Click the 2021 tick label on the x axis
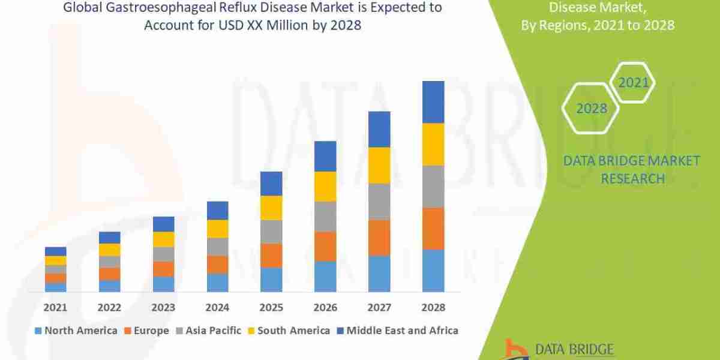click(55, 307)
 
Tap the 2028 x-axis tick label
click(433, 307)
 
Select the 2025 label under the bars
click(271, 307)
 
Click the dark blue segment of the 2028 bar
click(433, 102)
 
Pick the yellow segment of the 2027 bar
click(379, 165)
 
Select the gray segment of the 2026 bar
click(325, 216)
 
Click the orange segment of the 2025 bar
click(271, 255)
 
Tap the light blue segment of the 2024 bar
click(217, 283)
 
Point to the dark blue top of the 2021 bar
click(55, 251)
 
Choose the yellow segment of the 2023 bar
click(163, 239)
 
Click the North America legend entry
click(76, 331)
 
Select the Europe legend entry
click(147, 331)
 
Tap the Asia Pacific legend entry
click(208, 331)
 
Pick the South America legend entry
click(289, 331)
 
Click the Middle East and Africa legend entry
click(397, 331)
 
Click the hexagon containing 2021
click(633, 82)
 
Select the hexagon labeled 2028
click(591, 109)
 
